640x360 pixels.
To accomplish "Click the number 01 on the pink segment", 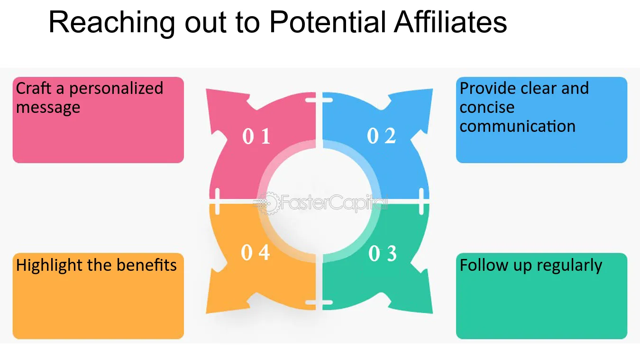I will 256,137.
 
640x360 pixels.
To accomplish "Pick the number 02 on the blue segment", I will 382,137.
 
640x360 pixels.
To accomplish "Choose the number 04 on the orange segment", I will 256,253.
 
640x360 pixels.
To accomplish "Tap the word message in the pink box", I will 48,108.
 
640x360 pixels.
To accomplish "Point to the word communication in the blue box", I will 517,127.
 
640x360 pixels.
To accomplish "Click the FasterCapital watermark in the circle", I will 322,203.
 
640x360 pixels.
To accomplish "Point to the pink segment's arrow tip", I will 209,92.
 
